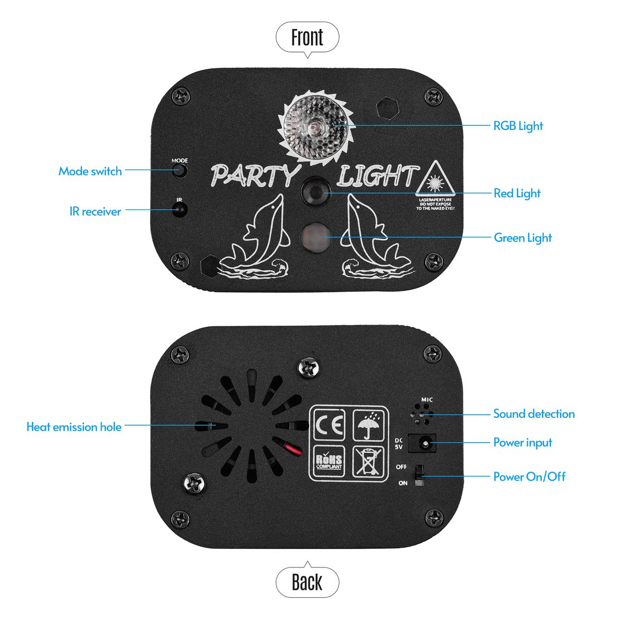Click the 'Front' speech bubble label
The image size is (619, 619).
307,37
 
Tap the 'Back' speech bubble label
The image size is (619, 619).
307,582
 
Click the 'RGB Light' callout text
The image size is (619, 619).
518,126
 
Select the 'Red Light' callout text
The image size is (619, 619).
517,193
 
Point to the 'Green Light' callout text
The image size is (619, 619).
523,238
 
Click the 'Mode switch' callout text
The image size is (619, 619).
90,171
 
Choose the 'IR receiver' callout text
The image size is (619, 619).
95,211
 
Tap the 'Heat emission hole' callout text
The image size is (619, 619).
74,427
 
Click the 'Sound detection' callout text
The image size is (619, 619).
534,414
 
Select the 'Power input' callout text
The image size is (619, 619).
523,443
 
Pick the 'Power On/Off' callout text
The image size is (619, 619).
529,477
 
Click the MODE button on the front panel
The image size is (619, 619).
180,170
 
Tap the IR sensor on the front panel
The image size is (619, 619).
180,210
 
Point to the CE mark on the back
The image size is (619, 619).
329,425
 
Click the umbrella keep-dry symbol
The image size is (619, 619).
368,425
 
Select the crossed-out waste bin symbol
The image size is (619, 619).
368,461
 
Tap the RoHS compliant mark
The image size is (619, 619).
329,461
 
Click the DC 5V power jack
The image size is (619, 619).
422,443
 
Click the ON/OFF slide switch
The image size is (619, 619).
419,475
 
